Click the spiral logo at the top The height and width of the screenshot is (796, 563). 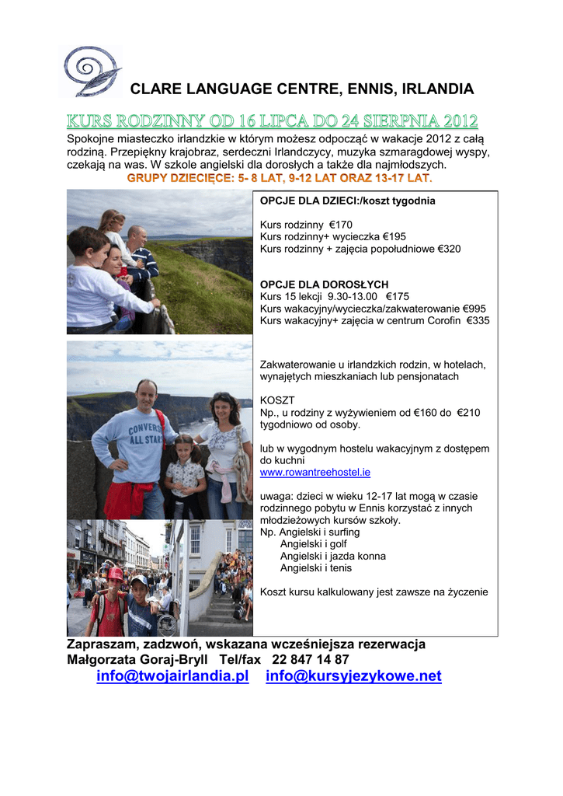click(x=91, y=71)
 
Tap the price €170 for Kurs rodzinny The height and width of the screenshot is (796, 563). click(x=341, y=225)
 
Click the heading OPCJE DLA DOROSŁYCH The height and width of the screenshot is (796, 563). click(x=324, y=285)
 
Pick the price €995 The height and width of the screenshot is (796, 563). click(x=474, y=309)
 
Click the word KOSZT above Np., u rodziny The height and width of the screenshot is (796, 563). click(x=277, y=400)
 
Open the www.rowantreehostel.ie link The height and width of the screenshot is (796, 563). click(x=315, y=472)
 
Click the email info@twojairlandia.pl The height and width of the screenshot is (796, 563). click(x=172, y=676)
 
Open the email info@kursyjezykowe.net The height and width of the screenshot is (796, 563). click(x=353, y=676)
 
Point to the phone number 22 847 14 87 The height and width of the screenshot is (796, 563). click(x=311, y=660)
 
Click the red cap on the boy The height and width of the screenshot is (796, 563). click(x=115, y=573)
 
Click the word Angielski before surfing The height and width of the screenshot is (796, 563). click(x=301, y=532)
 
